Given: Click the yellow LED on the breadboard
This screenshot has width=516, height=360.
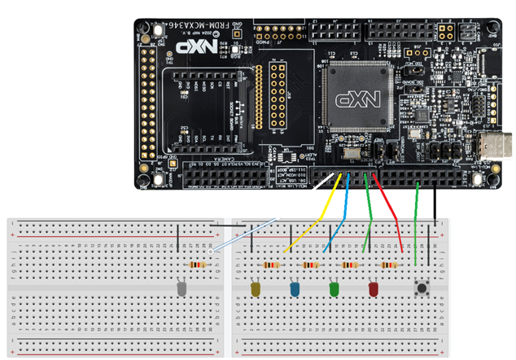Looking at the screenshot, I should pos(256,289).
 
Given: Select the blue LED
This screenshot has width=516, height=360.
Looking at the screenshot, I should pos(295,289).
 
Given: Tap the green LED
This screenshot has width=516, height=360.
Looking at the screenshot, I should pos(333,289).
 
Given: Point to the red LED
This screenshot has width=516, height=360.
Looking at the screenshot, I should pos(374,289).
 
